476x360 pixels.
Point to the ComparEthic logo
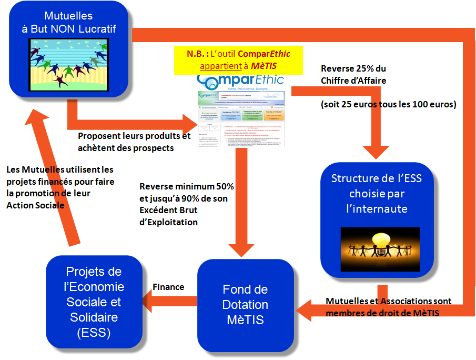(240, 81)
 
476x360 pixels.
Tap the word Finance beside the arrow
(168, 287)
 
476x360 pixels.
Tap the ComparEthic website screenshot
(241, 118)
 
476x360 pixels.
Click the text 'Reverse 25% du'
(353, 69)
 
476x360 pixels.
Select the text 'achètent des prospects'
(125, 148)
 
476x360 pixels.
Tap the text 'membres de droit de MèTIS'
(383, 312)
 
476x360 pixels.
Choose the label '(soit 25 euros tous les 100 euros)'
(388, 104)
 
